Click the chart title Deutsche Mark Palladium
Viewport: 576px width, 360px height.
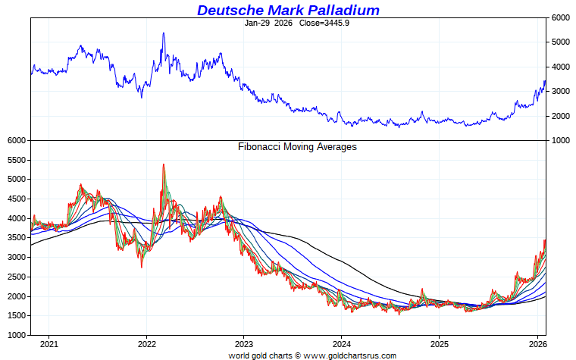point(288,10)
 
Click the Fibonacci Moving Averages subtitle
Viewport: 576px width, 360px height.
point(297,147)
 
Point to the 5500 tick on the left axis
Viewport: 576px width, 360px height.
point(15,160)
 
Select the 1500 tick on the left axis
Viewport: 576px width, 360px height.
point(15,315)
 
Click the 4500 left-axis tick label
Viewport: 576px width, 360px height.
point(15,199)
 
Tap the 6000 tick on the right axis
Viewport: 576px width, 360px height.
point(562,17)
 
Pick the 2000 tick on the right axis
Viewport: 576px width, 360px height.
point(562,116)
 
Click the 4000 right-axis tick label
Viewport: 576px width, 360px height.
point(562,67)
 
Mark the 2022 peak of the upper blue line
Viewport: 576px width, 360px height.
point(163,33)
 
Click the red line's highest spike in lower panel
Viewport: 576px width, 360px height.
point(163,164)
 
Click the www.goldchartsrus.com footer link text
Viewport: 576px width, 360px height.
point(324,355)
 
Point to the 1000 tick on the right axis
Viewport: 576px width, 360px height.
point(562,141)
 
